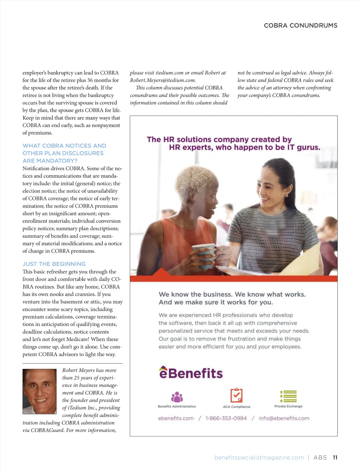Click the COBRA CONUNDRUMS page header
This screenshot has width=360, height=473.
301,25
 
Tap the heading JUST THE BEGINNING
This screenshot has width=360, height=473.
54,264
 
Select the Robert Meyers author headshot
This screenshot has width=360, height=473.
39,391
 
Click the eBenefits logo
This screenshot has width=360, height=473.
191,373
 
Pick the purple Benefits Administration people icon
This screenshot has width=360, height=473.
177,397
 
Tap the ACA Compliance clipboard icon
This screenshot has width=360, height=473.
236,395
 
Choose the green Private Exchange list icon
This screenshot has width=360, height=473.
288,396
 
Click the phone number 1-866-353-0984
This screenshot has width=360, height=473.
226,418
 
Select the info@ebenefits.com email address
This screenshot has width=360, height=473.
284,418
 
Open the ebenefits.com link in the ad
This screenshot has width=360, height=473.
176,418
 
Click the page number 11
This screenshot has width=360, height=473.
335,458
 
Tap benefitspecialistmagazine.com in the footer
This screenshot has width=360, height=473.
259,458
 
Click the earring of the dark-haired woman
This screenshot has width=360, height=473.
286,195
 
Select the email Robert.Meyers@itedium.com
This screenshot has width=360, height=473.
163,80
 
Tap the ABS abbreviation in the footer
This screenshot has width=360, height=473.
320,458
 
